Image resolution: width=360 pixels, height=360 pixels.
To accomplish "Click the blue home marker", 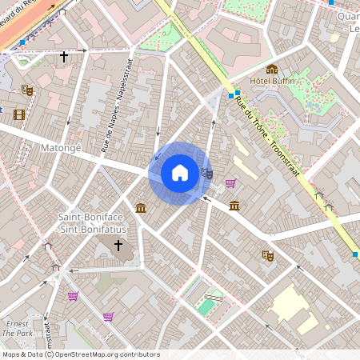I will click(x=180, y=173).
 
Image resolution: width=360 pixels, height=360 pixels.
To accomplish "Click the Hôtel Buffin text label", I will click(x=273, y=81).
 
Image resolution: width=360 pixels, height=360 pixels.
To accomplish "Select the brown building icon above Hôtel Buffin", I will click(x=272, y=70).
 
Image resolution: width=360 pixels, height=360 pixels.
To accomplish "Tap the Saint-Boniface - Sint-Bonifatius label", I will click(x=91, y=222).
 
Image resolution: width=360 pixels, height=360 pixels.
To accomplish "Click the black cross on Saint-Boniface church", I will click(x=118, y=244).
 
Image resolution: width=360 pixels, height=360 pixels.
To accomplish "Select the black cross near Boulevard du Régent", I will click(x=64, y=57).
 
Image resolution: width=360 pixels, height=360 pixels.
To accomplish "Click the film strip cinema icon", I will click(x=18, y=114).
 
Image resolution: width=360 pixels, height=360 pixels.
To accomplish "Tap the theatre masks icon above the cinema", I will click(x=27, y=90).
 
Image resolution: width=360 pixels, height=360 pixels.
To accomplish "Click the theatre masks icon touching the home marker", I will click(x=207, y=173).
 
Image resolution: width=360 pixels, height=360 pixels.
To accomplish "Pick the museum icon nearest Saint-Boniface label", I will click(x=141, y=208).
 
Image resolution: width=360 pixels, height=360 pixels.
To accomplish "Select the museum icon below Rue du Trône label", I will click(x=234, y=206).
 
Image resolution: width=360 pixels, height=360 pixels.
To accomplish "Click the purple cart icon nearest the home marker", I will click(x=230, y=184).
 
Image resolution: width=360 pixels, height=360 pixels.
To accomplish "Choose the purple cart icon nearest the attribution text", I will click(x=108, y=317).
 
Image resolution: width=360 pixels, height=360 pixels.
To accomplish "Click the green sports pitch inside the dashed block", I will click(x=206, y=306).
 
